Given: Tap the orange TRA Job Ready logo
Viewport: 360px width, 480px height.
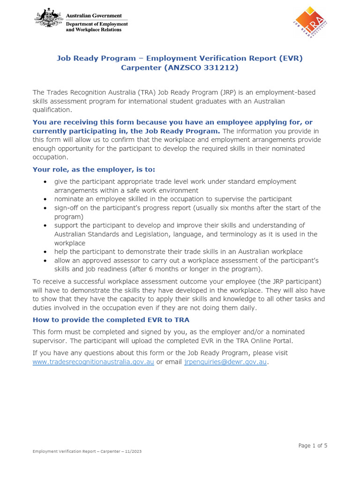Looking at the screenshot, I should (x=308, y=22).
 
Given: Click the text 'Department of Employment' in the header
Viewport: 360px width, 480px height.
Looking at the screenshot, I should (x=97, y=24).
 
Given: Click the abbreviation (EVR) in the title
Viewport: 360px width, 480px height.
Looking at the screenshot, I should (x=291, y=58).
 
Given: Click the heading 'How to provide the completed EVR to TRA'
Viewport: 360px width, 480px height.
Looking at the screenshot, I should (x=111, y=320).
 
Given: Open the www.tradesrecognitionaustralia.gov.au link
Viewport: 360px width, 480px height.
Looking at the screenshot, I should (x=93, y=362).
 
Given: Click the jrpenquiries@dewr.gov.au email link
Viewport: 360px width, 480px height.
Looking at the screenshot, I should (x=225, y=362).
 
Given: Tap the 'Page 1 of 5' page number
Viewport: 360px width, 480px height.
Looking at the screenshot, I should (x=313, y=445).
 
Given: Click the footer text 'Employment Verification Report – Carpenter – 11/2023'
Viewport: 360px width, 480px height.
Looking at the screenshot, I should (x=87, y=451).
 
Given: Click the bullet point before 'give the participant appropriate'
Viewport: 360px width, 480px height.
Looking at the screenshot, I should (x=45, y=181).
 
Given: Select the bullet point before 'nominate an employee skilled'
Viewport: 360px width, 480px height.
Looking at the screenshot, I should (x=45, y=199).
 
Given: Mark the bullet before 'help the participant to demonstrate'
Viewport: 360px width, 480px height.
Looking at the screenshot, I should (x=45, y=252).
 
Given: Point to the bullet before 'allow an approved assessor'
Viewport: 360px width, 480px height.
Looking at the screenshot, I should (x=45, y=260).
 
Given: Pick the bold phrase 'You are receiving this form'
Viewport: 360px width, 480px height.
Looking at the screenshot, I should (x=81, y=122).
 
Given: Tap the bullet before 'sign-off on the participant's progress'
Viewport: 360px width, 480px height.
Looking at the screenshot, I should (x=45, y=208).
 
